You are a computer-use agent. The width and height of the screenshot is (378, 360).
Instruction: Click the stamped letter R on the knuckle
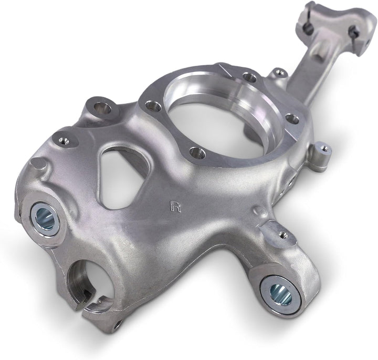pos(175,206)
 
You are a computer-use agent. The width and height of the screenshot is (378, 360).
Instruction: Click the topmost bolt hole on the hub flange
pos(250,77)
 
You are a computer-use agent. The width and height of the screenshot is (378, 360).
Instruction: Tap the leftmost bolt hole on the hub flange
pos(153,106)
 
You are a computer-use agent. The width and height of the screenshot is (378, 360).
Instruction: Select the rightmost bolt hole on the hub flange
pos(292,119)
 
